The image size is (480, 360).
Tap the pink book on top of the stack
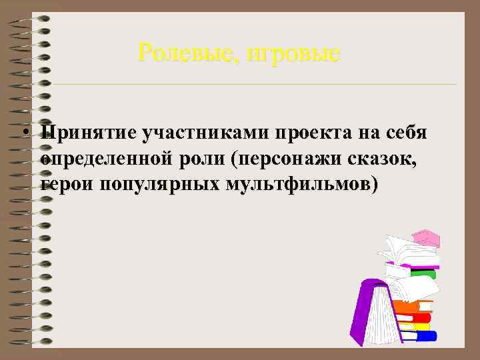point(426,238)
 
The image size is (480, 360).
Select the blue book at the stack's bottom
point(423,335)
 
